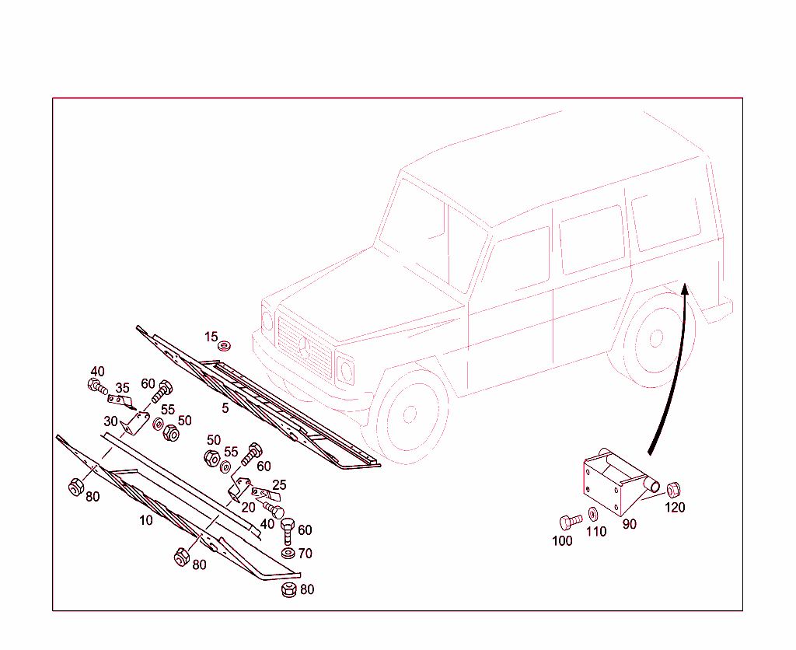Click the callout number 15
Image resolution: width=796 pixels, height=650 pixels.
pyautogui.click(x=211, y=337)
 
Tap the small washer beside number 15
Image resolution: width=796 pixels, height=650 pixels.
pyautogui.click(x=225, y=346)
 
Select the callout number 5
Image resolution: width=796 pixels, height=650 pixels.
pyautogui.click(x=225, y=407)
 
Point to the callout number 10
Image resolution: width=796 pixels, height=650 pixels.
pyautogui.click(x=145, y=520)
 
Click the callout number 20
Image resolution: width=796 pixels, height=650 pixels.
pyautogui.click(x=248, y=507)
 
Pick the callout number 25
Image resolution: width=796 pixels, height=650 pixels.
pyautogui.click(x=279, y=485)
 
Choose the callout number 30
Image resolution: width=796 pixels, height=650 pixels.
pyautogui.click(x=110, y=421)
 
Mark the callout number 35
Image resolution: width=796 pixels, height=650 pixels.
pyautogui.click(x=122, y=388)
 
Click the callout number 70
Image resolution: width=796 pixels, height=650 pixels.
pyautogui.click(x=305, y=553)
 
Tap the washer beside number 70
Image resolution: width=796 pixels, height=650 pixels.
pyautogui.click(x=288, y=553)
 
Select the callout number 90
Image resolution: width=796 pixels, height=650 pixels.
pyautogui.click(x=630, y=524)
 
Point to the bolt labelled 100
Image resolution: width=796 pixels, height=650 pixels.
pyautogui.click(x=571, y=522)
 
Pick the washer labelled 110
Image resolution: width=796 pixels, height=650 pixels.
pyautogui.click(x=593, y=514)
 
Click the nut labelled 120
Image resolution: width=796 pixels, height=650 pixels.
pyautogui.click(x=673, y=490)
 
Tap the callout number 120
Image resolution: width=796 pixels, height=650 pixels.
pyautogui.click(x=676, y=507)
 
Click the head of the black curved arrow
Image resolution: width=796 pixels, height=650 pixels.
pyautogui.click(x=684, y=288)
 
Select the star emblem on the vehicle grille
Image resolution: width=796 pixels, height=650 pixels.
pyautogui.click(x=305, y=348)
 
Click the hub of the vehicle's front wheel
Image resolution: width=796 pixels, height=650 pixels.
pyautogui.click(x=410, y=414)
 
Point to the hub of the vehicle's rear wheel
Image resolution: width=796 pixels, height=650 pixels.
pyautogui.click(x=656, y=338)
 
